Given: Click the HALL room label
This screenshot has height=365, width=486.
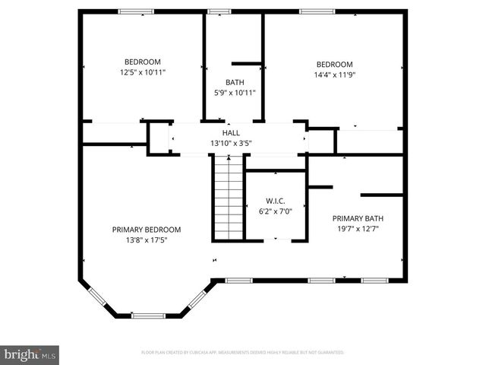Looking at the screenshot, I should click(x=231, y=132).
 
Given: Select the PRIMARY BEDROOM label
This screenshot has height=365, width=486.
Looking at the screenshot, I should click(x=147, y=230).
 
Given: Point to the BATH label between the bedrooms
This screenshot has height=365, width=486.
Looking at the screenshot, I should click(x=235, y=82).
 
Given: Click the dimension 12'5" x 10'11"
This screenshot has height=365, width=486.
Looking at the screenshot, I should click(x=143, y=72).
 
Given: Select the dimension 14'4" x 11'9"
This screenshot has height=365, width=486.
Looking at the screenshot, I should click(x=334, y=75).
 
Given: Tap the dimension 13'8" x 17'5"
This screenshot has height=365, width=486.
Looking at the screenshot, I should click(x=147, y=240).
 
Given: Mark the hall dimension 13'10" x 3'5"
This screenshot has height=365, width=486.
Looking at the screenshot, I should click(x=231, y=143).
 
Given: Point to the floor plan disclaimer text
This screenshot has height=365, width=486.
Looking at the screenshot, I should click(x=243, y=353).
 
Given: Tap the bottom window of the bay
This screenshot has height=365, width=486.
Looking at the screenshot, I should click(x=148, y=315).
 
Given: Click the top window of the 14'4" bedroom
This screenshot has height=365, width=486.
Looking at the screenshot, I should click(x=311, y=11).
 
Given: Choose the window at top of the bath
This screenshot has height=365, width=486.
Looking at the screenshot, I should click(x=219, y=11).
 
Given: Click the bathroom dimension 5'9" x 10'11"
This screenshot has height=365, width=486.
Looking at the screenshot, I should click(x=235, y=93).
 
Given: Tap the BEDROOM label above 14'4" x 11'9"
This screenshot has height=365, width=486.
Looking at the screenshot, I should click(x=334, y=64).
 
